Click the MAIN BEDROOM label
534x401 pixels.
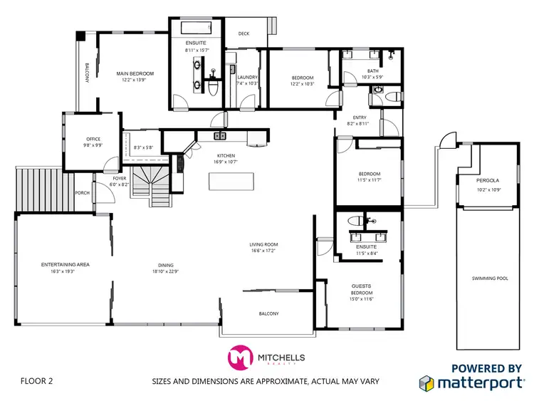coord(135,73)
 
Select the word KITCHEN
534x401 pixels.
coord(226,155)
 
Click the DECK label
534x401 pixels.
coord(244,33)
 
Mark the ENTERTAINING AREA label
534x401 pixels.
coord(65,264)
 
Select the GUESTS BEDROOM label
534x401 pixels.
coord(362,288)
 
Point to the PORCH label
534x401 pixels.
coord(83,192)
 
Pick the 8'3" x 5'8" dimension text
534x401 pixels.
coord(143,147)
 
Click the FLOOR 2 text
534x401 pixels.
coord(37,381)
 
